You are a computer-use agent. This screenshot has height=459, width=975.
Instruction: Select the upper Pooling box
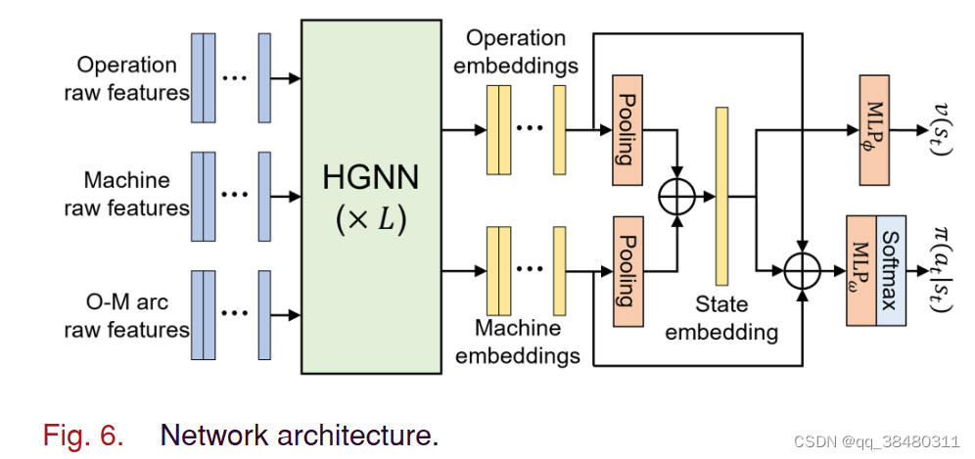(626, 130)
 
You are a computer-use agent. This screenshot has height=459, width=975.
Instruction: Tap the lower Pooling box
(626, 260)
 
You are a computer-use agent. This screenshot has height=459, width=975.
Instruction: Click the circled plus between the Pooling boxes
(676, 197)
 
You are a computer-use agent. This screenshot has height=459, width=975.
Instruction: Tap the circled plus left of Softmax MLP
(803, 266)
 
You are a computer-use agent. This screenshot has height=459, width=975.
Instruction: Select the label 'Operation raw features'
(126, 79)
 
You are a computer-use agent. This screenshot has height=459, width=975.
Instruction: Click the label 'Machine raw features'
(126, 194)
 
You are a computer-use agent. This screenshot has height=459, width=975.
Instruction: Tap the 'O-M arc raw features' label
(126, 315)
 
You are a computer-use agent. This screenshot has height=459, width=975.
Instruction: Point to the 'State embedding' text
(721, 318)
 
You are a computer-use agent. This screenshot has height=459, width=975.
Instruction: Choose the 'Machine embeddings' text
(519, 341)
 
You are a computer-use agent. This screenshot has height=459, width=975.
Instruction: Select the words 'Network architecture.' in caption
(299, 434)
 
